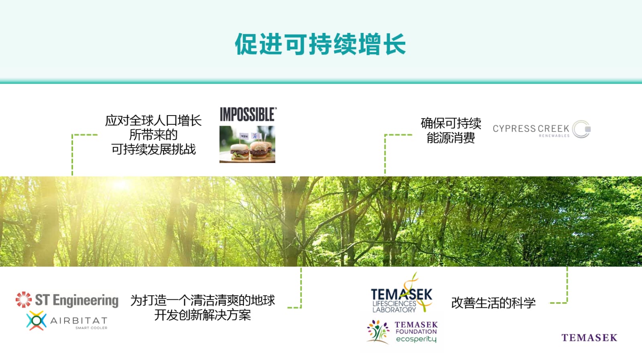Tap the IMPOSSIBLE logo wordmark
point(248,114)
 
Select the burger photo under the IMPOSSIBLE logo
point(247,144)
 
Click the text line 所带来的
point(153,135)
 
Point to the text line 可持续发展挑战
point(153,149)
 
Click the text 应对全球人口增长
point(153,120)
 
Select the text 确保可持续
point(451,123)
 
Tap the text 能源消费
point(451,138)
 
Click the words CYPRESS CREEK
point(531,128)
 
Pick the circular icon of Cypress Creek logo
point(581,129)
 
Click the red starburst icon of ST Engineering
point(24,299)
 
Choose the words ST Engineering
point(77,300)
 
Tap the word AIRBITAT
point(79,320)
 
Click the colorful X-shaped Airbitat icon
point(37,320)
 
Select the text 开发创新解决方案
point(203,315)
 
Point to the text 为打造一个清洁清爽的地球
point(203,300)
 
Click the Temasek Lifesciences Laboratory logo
point(401,293)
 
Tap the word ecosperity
point(416,339)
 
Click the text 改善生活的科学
point(493,303)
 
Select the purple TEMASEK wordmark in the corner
point(589,338)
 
